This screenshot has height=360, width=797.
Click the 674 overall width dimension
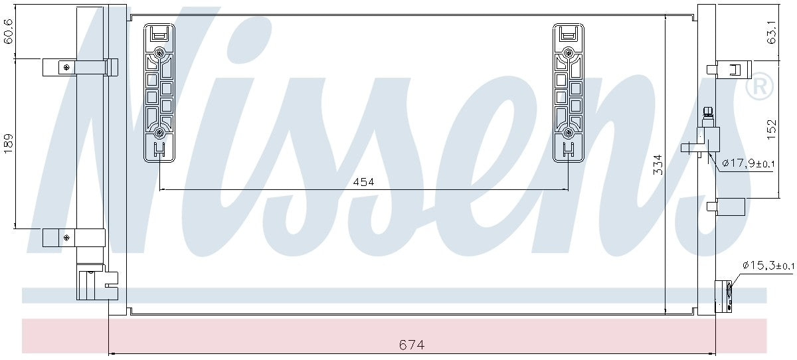point(412,345)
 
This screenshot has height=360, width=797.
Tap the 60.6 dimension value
point(9,31)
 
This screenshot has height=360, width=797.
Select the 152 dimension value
point(771,130)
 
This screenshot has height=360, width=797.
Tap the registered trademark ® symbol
point(760,88)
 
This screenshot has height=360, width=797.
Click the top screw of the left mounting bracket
point(159,53)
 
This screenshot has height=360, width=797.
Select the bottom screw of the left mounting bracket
point(159,133)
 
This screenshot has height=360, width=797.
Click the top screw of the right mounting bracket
point(568,53)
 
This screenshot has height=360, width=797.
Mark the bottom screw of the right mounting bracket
point(568,133)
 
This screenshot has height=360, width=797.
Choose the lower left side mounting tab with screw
point(73,237)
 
